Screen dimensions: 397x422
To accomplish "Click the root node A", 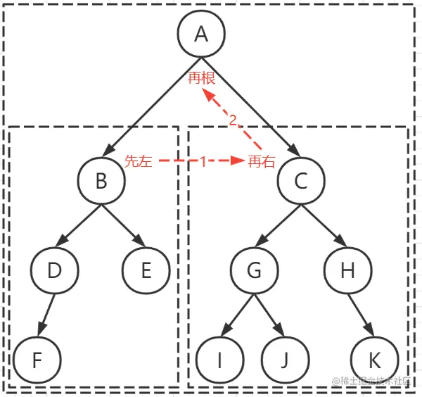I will [201, 34].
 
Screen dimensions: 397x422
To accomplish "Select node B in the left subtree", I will [101, 182].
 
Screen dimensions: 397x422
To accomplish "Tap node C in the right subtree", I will [300, 182].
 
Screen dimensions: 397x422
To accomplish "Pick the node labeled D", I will [55, 270].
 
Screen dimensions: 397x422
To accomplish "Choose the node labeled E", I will [146, 270].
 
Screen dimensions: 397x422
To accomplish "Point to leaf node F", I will [37, 360].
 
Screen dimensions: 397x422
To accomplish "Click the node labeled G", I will [255, 270].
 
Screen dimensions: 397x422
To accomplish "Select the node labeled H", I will [346, 270].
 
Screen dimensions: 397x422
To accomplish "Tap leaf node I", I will [219, 360].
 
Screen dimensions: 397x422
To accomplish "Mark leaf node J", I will [284, 360].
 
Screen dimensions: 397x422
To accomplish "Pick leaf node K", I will [374, 360].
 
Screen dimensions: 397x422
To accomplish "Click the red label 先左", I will [138, 161].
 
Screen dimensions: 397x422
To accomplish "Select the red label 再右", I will [261, 161].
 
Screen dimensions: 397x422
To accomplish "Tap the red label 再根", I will [201, 78].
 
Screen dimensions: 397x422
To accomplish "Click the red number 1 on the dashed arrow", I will [203, 161].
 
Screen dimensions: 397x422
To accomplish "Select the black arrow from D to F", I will [46, 314].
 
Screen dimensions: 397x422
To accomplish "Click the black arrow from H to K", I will [360, 314].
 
